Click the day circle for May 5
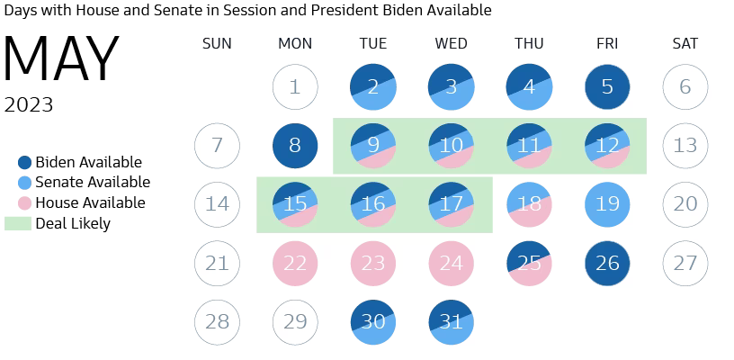click(607, 87)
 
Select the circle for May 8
click(295, 146)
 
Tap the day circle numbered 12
click(607, 146)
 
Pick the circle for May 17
click(451, 204)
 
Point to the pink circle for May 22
click(295, 264)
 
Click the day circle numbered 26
click(607, 264)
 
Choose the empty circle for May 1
click(295, 87)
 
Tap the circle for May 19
click(607, 204)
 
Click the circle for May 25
click(529, 264)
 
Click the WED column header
click(451, 43)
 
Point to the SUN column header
click(217, 43)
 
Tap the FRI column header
click(607, 43)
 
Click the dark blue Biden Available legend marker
click(25, 163)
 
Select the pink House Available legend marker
click(25, 203)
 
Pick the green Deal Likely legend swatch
click(18, 223)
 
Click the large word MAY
click(61, 61)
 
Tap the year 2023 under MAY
click(29, 105)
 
